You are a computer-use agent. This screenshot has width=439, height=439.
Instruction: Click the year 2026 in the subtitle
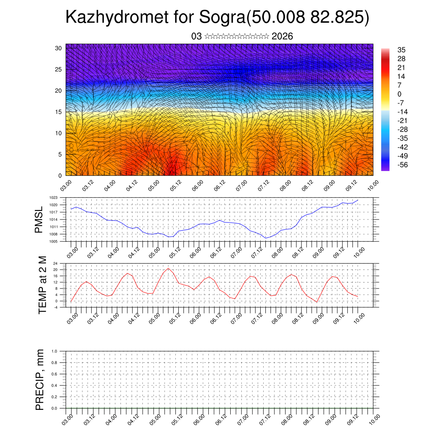click(283, 36)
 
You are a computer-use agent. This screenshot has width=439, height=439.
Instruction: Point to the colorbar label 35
click(402, 50)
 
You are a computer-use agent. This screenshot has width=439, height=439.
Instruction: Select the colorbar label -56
click(403, 165)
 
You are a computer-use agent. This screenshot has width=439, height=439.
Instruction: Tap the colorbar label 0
click(400, 94)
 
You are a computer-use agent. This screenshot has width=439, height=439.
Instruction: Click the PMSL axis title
click(39, 220)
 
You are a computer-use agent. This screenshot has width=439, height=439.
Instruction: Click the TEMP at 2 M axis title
click(42, 285)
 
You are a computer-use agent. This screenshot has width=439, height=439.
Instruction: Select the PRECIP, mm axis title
click(40, 379)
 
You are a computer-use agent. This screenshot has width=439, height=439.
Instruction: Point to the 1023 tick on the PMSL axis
click(53, 198)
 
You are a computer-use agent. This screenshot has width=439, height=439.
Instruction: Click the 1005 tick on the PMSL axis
click(53, 241)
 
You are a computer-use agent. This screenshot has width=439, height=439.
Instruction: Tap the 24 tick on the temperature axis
click(55, 263)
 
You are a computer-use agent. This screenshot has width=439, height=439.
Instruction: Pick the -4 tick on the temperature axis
click(55, 307)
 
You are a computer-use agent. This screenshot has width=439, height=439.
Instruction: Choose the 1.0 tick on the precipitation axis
click(54, 351)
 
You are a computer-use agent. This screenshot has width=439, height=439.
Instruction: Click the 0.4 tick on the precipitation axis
click(54, 385)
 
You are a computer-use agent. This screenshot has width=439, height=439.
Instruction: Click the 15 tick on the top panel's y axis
click(58, 112)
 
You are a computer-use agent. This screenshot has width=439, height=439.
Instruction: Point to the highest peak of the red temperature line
click(168, 268)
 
